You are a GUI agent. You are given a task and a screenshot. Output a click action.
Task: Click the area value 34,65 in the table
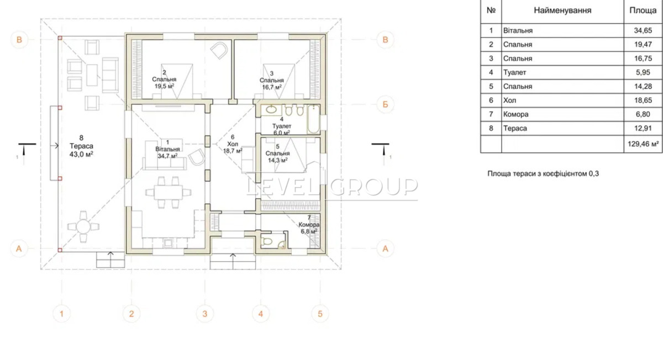[x=643, y=30]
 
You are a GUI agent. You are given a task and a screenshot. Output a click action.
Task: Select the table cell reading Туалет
[x=514, y=72]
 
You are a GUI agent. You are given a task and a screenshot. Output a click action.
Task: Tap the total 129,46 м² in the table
[x=643, y=144]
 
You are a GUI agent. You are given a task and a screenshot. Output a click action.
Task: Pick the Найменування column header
[x=562, y=10]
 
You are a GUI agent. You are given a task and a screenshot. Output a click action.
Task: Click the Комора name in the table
[x=515, y=114]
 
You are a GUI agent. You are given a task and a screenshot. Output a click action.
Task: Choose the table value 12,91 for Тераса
[x=643, y=129]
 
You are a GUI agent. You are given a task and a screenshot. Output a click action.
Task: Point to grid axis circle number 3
[x=205, y=314]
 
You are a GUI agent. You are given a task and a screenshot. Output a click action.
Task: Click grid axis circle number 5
[x=320, y=314]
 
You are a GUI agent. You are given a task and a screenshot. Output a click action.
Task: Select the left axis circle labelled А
[x=19, y=248]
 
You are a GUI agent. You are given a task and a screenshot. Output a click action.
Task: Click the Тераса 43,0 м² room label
[x=81, y=146]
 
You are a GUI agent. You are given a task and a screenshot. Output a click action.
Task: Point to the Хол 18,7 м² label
[x=233, y=144]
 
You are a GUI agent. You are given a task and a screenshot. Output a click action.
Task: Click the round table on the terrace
[x=83, y=227]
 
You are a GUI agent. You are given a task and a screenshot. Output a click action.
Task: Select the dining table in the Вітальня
[x=169, y=193]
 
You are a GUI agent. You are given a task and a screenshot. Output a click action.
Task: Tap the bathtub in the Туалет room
[x=313, y=119]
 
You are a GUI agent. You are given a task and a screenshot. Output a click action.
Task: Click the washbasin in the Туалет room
[x=271, y=110]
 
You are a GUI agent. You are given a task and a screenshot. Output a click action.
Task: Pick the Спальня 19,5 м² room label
[x=164, y=80]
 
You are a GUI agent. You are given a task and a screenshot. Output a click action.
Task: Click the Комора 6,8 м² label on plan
[x=309, y=225]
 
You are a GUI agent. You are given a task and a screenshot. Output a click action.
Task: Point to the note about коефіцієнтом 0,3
[x=543, y=173]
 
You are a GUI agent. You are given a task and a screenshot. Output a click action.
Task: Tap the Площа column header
[x=643, y=10]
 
